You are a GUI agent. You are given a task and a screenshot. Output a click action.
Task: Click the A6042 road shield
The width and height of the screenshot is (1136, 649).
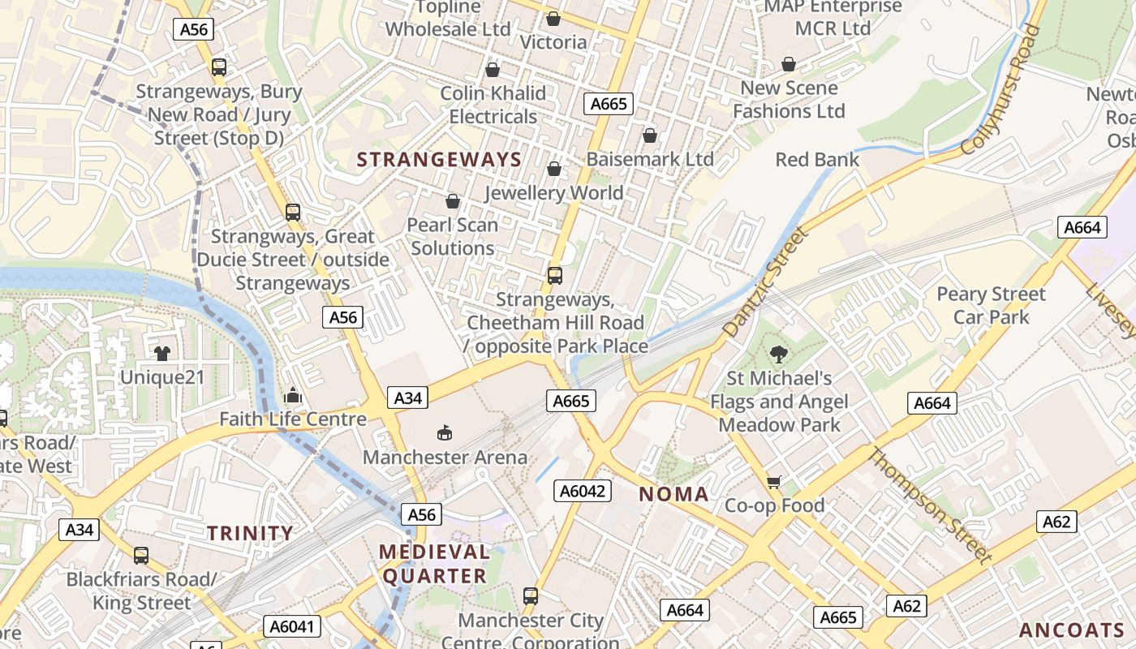click(x=583, y=490)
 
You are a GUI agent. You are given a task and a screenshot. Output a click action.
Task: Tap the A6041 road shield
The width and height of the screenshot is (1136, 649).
click(x=292, y=626)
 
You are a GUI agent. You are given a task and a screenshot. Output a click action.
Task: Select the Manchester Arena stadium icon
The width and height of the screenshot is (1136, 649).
click(x=445, y=432)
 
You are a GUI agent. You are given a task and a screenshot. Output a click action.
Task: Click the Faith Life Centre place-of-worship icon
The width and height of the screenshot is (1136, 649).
click(x=293, y=395)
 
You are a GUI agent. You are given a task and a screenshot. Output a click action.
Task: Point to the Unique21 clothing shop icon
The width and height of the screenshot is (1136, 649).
click(x=162, y=353)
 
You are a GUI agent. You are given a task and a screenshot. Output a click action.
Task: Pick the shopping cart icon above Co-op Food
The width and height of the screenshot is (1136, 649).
click(x=774, y=482)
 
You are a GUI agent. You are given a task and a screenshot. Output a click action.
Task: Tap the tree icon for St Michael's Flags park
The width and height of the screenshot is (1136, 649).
click(x=779, y=354)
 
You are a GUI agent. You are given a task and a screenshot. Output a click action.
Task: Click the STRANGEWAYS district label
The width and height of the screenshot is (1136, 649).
click(x=440, y=160)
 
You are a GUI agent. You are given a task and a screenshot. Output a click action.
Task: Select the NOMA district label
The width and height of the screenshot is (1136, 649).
click(x=673, y=494)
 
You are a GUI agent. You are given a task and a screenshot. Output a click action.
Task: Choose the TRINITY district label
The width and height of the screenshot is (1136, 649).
click(x=250, y=533)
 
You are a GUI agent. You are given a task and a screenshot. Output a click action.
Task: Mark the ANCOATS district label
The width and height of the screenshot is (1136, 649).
click(x=1072, y=630)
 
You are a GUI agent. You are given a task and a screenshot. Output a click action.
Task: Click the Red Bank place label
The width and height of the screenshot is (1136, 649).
click(x=817, y=159)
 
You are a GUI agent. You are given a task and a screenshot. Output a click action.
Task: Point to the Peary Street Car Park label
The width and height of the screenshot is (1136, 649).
click(x=991, y=305)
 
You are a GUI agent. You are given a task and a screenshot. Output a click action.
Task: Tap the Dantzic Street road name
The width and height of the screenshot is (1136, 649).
click(x=765, y=282)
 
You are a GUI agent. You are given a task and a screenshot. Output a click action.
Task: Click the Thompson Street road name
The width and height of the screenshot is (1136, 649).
click(x=929, y=505)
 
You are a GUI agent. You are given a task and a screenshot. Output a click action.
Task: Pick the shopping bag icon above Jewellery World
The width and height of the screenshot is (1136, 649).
click(x=554, y=169)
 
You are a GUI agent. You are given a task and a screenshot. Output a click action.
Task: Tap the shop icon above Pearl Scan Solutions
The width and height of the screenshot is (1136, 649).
click(x=453, y=200)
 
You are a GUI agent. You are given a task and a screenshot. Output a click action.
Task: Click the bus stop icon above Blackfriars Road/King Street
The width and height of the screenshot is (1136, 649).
click(x=141, y=556)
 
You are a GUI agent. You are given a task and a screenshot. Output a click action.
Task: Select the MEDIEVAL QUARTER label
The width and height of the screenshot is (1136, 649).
click(x=435, y=564)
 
